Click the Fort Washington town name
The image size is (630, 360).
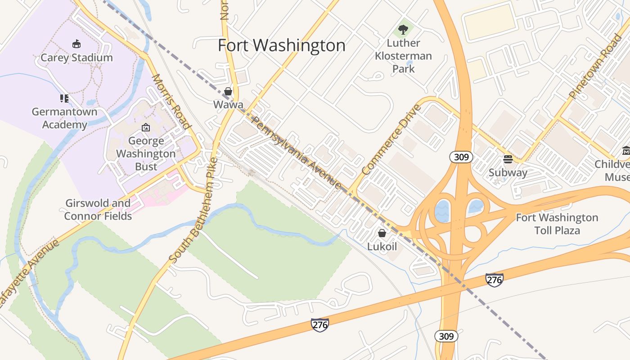click(282, 45)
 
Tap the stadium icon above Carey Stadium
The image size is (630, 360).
click(76, 44)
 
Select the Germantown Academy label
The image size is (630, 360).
click(64, 118)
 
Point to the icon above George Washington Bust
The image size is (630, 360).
click(145, 128)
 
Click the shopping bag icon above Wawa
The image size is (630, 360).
click(228, 92)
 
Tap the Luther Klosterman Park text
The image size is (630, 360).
click(403, 56)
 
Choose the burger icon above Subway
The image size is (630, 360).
click(508, 159)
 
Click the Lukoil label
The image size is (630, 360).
click(382, 246)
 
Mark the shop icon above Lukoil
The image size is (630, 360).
click(382, 233)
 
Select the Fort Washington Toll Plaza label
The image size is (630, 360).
click(557, 224)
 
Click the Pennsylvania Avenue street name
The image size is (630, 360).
click(297, 153)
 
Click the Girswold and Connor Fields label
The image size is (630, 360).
click(98, 210)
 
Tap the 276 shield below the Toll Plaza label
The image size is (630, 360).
click(494, 279)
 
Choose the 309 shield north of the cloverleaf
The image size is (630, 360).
click(461, 157)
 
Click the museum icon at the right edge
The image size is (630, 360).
click(625, 150)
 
